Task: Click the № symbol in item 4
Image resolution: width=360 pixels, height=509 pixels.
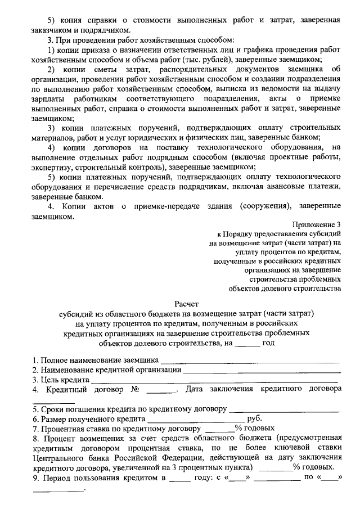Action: [135, 389]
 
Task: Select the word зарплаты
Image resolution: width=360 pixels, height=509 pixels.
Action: [50, 98]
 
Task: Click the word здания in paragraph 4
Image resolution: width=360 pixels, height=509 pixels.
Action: [219, 207]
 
